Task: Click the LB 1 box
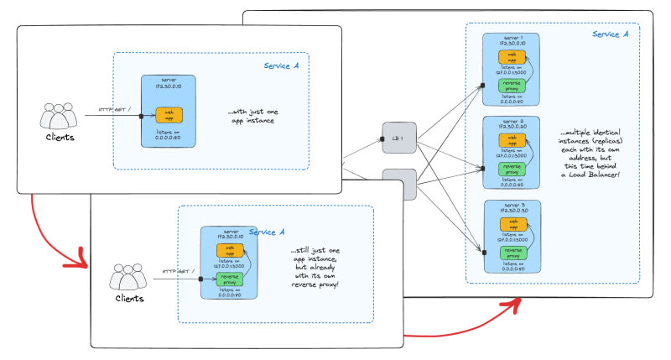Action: [x=398, y=138]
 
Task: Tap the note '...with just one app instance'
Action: [x=251, y=116]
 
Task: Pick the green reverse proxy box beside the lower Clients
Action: [x=227, y=279]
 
